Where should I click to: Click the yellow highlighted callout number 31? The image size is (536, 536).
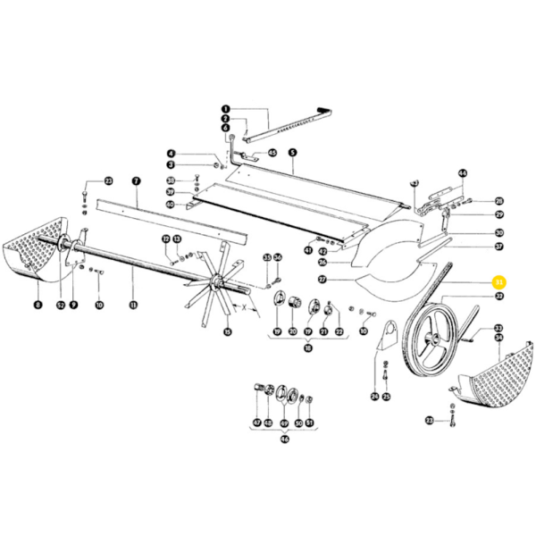499,282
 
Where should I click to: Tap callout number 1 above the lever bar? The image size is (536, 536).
225,108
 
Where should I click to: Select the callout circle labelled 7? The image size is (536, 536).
136,180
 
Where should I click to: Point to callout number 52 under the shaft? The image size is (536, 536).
61,306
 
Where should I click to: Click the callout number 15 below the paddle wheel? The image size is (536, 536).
227,333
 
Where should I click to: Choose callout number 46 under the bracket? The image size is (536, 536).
285,440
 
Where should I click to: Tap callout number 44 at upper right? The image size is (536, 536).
463,173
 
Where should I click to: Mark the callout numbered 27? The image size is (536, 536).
322,280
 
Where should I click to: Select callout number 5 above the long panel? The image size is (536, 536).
291,153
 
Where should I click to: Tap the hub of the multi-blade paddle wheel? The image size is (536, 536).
215,284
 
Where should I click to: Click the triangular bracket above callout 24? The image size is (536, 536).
387,337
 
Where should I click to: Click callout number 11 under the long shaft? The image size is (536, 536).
132,306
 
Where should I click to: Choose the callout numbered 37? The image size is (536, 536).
499,247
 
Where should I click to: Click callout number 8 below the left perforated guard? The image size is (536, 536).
38,306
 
